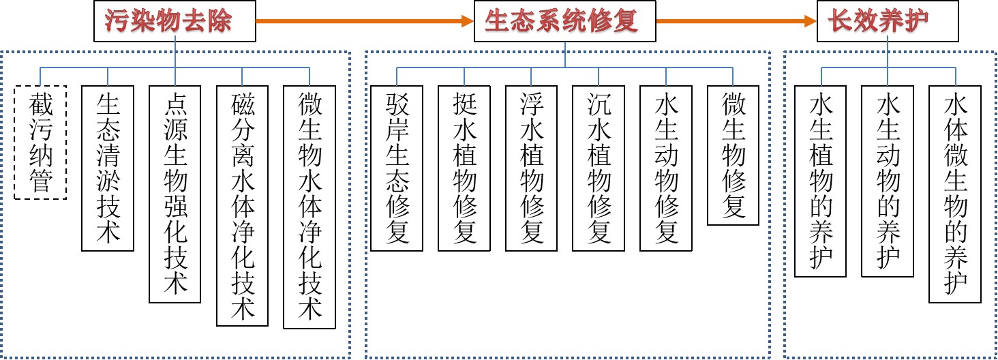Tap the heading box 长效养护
point(887,20)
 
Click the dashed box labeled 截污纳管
point(40,142)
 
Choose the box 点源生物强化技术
point(175,194)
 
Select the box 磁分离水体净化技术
point(242,205)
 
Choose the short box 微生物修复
point(734,155)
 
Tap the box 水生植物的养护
point(821,181)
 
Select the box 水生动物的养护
point(888,181)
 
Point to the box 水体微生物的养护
point(955,194)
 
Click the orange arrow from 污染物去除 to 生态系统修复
point(365,21)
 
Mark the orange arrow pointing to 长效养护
point(736,21)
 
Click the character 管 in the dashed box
point(40,181)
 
